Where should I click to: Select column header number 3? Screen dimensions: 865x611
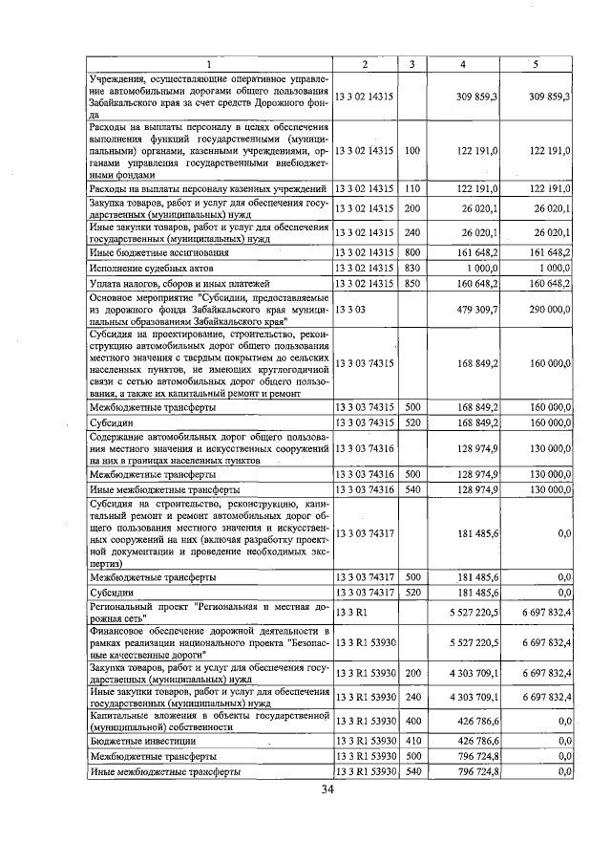(x=411, y=63)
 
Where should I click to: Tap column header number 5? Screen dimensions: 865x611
(x=535, y=63)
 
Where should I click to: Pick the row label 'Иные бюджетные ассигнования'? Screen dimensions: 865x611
(x=158, y=252)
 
